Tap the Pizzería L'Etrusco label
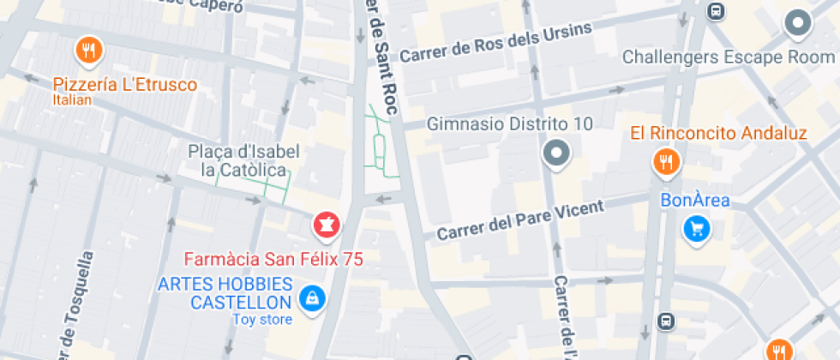[125, 85]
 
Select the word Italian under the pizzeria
[72, 100]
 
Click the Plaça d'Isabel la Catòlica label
[244, 160]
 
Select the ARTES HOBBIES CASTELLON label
[225, 293]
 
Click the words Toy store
[262, 320]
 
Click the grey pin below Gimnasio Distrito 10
[557, 154]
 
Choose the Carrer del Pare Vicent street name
[520, 220]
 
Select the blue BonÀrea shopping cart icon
[696, 229]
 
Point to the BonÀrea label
[694, 201]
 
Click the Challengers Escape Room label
[728, 57]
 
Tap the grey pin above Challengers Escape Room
[798, 24]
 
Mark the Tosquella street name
[75, 304]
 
